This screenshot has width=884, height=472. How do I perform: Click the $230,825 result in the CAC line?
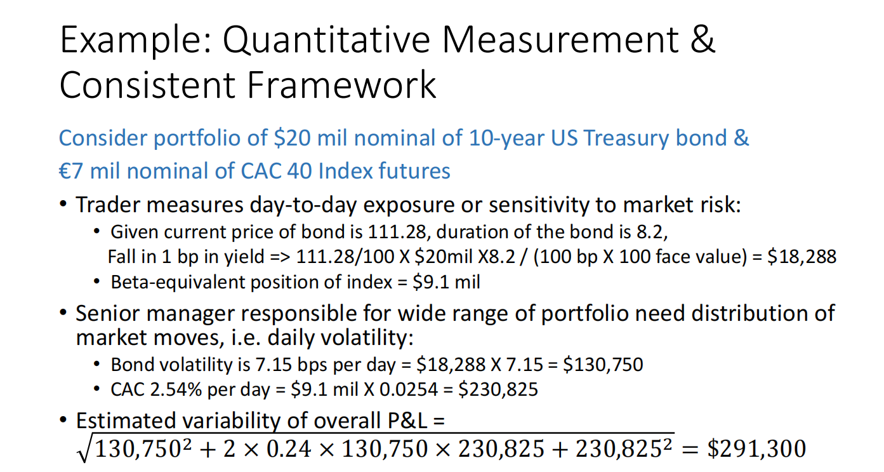click(501, 389)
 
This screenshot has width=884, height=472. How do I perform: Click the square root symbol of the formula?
click(84, 448)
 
